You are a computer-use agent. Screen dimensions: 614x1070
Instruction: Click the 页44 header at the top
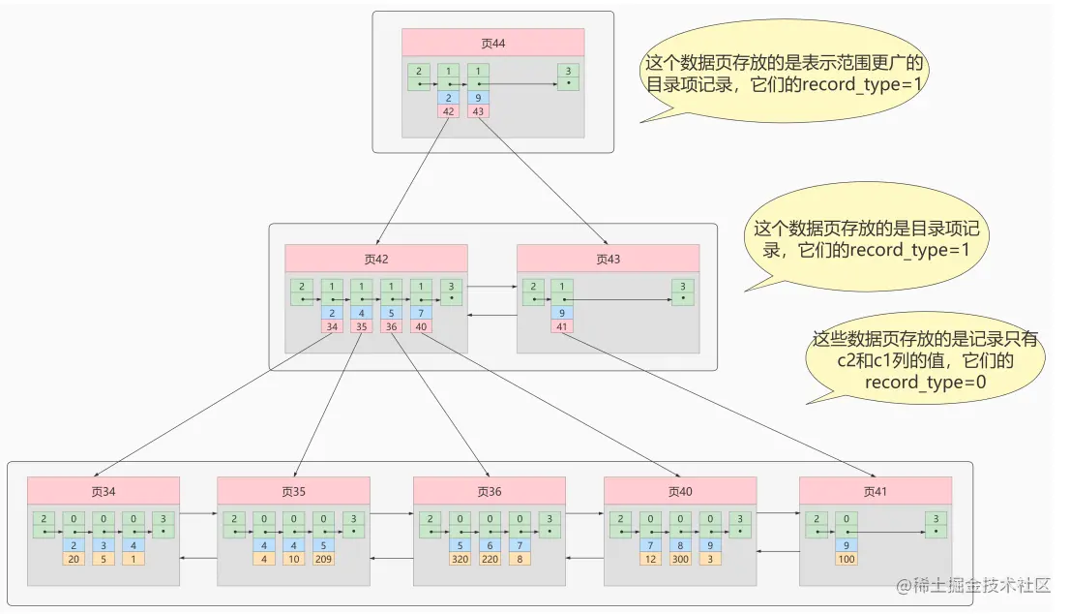492,43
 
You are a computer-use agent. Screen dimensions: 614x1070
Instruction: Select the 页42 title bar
375,259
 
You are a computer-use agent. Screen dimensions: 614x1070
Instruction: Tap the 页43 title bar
608,259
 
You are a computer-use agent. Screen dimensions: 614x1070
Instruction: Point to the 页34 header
104,491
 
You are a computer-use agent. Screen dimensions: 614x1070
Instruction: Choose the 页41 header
875,491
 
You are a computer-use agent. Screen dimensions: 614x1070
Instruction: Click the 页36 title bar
490,491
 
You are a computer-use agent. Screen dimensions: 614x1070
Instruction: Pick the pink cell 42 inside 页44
449,111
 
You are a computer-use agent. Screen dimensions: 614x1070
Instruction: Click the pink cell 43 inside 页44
479,111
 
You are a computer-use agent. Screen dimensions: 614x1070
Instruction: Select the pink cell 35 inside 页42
362,326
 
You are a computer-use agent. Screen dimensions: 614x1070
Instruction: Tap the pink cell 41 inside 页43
562,326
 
